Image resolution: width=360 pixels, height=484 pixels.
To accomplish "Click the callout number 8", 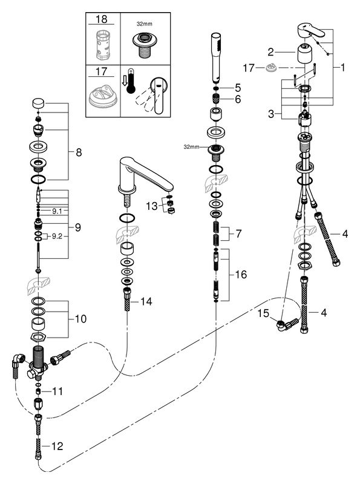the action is pyautogui.click(x=79, y=152).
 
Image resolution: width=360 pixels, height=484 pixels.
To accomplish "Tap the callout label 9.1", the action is pyautogui.click(x=57, y=211).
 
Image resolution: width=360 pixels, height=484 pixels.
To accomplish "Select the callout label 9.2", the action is pyautogui.click(x=57, y=237).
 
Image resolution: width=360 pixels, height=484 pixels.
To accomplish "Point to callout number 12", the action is pyautogui.click(x=57, y=446).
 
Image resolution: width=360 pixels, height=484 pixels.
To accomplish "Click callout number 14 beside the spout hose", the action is pyautogui.click(x=146, y=301).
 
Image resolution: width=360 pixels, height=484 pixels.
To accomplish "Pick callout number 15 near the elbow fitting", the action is pyautogui.click(x=263, y=313).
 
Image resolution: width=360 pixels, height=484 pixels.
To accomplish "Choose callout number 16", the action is pyautogui.click(x=241, y=274).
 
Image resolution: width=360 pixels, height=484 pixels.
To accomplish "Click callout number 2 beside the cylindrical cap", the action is pyautogui.click(x=270, y=52).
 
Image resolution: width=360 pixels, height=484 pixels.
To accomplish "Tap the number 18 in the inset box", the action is pyautogui.click(x=102, y=19).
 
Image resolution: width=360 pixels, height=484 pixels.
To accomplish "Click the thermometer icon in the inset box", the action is pyautogui.click(x=131, y=82).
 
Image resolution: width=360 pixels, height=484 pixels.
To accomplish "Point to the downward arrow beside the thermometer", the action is pyautogui.click(x=124, y=81).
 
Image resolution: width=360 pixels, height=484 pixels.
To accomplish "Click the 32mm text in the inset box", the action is pyautogui.click(x=144, y=24).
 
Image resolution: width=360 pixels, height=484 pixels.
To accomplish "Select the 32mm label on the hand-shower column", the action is pyautogui.click(x=191, y=147).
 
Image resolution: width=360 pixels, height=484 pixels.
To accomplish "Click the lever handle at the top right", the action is pyautogui.click(x=311, y=31).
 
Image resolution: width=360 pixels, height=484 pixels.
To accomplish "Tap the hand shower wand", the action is pyautogui.click(x=217, y=57).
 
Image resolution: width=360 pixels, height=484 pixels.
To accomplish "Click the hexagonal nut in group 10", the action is pyautogui.click(x=38, y=337).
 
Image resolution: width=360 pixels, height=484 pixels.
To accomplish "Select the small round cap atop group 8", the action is pyautogui.click(x=38, y=103).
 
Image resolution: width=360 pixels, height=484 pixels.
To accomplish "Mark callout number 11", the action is pyautogui.click(x=57, y=391).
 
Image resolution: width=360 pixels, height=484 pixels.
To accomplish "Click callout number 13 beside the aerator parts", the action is pyautogui.click(x=152, y=206).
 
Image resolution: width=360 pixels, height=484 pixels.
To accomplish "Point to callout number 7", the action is pyautogui.click(x=238, y=234).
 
